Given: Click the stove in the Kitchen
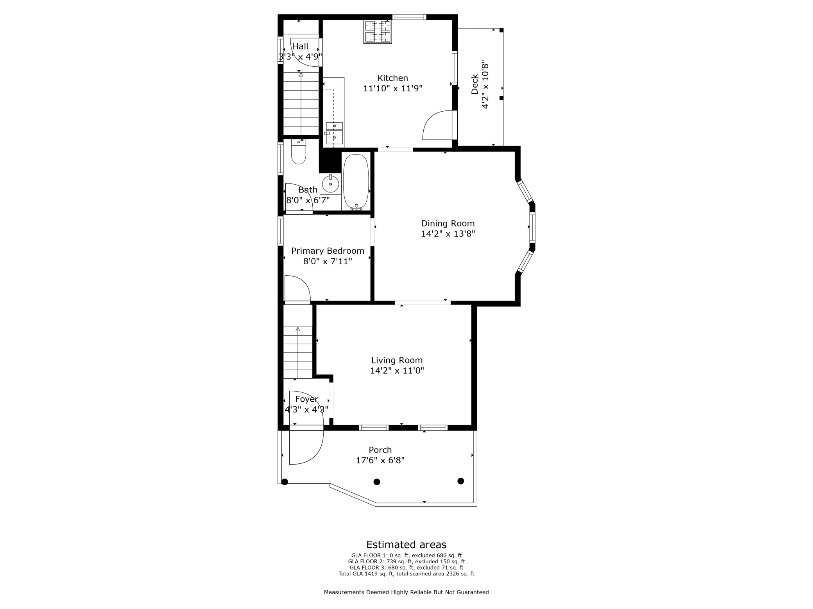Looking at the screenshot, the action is point(378,32).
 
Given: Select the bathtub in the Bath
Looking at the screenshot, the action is point(356,182).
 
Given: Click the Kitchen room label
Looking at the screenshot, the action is point(393,78).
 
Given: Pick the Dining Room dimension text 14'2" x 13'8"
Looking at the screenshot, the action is point(448,234).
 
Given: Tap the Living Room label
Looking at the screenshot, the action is point(397,360).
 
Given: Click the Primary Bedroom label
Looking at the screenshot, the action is point(328,251).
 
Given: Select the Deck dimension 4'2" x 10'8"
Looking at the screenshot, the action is point(485,84).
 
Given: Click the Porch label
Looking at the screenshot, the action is point(380,450).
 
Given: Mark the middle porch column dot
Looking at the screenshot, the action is point(377,482).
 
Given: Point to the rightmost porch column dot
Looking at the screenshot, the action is point(461,481).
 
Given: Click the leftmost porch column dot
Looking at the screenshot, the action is point(285,482).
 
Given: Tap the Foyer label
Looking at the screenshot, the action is point(307,399).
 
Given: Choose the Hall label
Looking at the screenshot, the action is point(301,46).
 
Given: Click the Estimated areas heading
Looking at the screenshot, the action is point(406,545).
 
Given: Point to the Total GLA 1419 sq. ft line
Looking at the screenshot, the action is point(406,574).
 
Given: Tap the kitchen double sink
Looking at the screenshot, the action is point(334,133).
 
